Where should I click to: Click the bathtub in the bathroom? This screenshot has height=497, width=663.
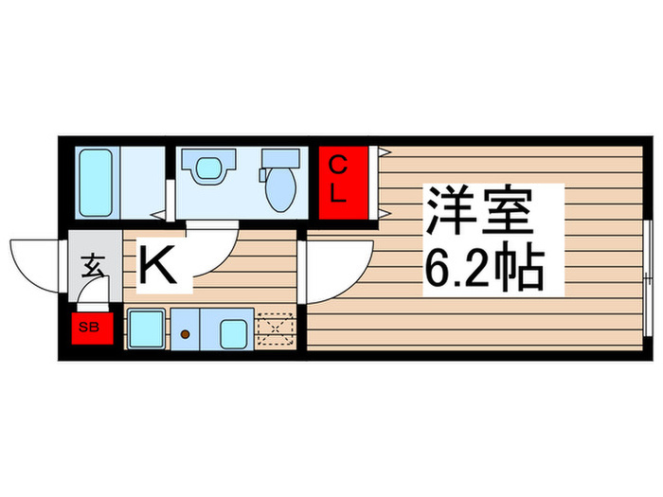tap(97, 182)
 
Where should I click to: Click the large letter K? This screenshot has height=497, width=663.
tap(158, 266)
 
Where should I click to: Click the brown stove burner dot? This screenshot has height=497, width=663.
tap(187, 333)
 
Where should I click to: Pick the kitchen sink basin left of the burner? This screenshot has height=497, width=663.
tap(147, 328)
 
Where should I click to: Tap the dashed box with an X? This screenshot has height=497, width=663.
tap(277, 329)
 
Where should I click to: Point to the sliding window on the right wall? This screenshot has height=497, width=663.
tap(647, 275)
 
